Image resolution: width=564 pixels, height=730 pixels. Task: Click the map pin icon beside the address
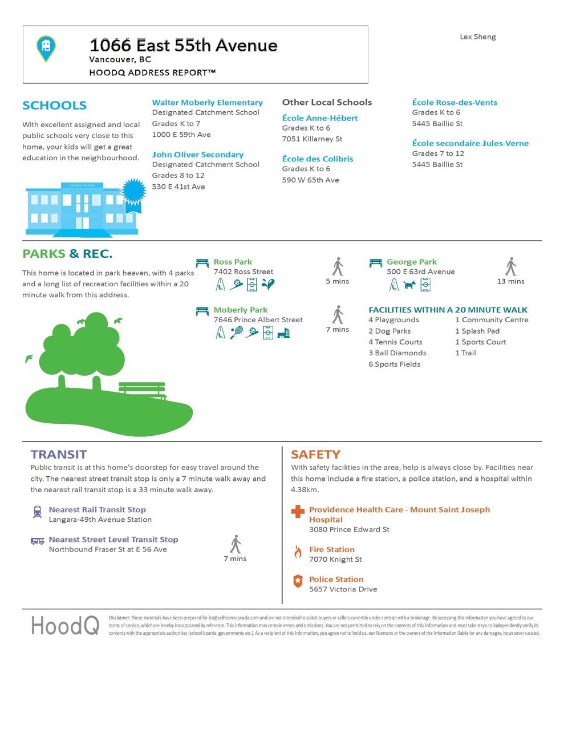pyautogui.click(x=46, y=48)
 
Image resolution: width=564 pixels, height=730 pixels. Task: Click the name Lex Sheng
pyautogui.click(x=477, y=36)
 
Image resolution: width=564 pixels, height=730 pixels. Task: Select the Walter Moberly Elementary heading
pyautogui.click(x=207, y=103)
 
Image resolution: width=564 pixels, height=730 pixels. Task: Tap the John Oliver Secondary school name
pyautogui.click(x=197, y=155)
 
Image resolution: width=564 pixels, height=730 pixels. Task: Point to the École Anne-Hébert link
pyautogui.click(x=320, y=118)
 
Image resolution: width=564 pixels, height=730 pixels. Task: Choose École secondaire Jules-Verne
pyautogui.click(x=470, y=143)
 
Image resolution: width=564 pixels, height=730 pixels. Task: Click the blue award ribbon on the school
pyautogui.click(x=133, y=194)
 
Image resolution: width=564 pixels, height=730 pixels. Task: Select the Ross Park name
pyautogui.click(x=233, y=262)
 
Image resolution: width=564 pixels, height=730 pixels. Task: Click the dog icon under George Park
pyautogui.click(x=409, y=284)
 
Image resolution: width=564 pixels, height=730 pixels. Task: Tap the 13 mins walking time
pyautogui.click(x=510, y=281)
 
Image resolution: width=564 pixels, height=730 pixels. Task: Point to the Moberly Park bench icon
pyautogui.click(x=202, y=311)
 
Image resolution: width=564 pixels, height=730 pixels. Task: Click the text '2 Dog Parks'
pyautogui.click(x=389, y=331)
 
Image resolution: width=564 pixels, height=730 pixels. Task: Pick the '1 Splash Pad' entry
pyautogui.click(x=477, y=331)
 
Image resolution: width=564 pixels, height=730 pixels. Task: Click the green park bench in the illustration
pyautogui.click(x=143, y=390)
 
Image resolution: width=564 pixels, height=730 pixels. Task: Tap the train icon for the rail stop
pyautogui.click(x=38, y=512)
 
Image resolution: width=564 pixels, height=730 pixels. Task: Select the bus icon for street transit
pyautogui.click(x=38, y=541)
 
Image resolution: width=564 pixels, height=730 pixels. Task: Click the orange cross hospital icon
pyautogui.click(x=298, y=511)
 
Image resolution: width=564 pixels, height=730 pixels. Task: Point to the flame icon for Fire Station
pyautogui.click(x=298, y=551)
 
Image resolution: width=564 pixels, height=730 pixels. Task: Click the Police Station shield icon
pyautogui.click(x=298, y=581)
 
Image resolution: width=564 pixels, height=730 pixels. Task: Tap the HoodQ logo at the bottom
pyautogui.click(x=65, y=626)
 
